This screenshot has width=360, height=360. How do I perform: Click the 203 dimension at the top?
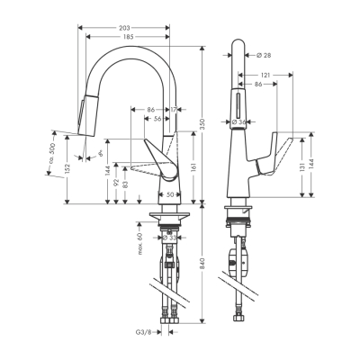coord(125,27)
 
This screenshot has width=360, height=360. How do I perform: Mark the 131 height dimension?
coord(301,171)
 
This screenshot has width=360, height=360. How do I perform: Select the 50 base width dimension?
coord(171,194)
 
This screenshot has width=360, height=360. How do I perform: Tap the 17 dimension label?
coord(174,110)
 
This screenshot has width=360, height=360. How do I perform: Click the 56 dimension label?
coord(157,119)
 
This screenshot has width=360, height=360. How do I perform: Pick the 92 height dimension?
coord(116,185)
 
